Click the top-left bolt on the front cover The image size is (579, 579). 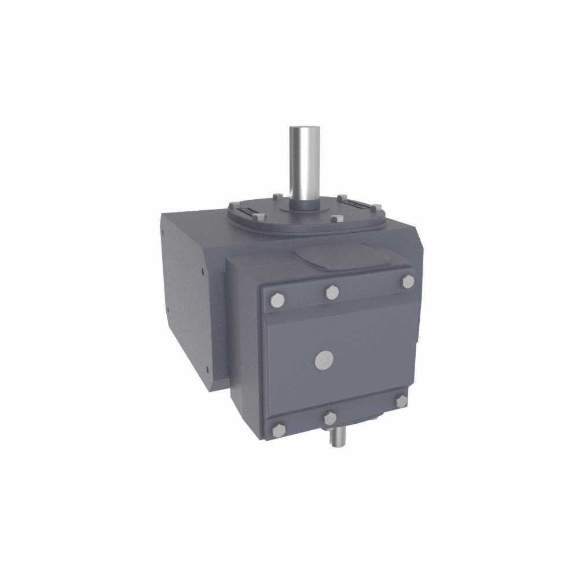(277, 300)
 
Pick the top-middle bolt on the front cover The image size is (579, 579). (332, 292)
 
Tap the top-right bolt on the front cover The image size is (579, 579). (408, 281)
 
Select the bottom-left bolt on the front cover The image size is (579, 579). (278, 430)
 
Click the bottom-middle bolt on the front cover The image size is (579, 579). (330, 418)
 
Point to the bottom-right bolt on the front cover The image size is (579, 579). (401, 401)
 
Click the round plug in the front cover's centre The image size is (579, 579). (324, 360)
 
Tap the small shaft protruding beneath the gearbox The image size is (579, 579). (336, 437)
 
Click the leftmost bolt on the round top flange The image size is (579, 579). (234, 206)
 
